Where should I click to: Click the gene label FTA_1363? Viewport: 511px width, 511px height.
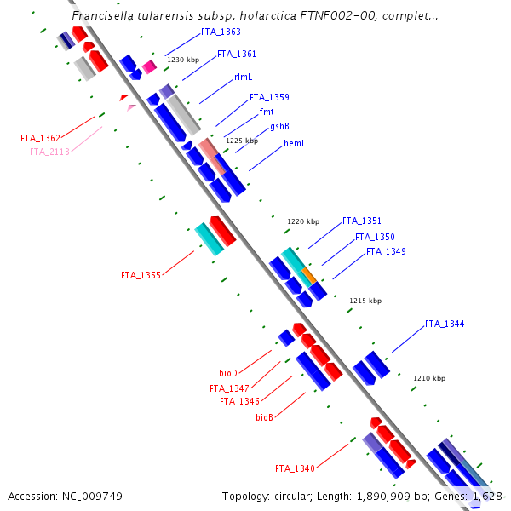click(220, 32)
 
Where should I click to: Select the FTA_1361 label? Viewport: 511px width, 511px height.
click(237, 54)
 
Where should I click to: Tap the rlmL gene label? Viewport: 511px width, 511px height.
click(244, 77)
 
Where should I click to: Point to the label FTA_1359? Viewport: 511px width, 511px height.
click(269, 97)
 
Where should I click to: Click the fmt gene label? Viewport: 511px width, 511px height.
click(266, 112)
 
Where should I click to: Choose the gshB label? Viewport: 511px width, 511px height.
click(279, 126)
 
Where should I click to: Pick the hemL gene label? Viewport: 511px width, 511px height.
click(295, 143)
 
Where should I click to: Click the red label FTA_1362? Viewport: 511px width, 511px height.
click(41, 138)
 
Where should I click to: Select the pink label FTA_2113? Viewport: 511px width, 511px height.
click(49, 152)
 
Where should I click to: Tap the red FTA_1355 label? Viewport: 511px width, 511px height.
click(141, 275)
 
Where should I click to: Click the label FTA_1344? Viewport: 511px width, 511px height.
click(445, 324)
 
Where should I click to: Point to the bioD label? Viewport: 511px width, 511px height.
click(228, 373)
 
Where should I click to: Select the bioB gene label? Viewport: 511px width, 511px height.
click(264, 417)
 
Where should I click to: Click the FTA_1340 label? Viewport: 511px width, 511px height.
click(295, 468)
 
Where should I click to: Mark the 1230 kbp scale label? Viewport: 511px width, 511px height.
click(183, 60)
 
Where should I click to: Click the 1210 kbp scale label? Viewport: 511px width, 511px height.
click(429, 377)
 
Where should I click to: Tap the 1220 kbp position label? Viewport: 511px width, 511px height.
click(303, 221)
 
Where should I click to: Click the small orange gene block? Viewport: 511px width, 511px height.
click(309, 276)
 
